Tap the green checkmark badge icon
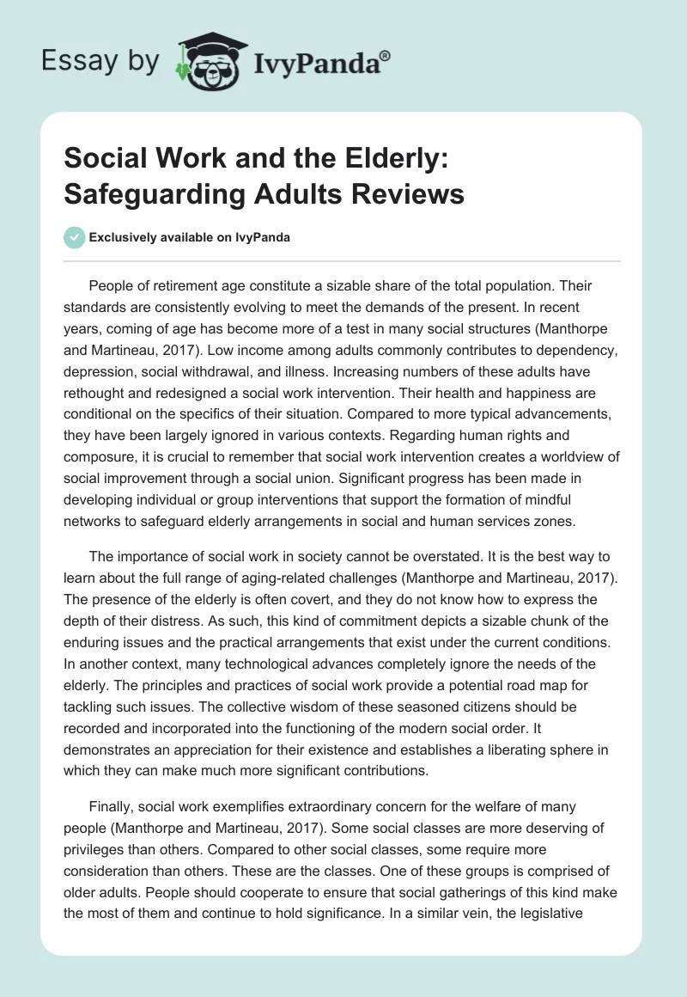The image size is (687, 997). pyautogui.click(x=74, y=237)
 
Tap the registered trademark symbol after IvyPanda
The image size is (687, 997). pyautogui.click(x=386, y=56)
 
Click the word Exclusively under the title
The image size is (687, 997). pyautogui.click(x=124, y=237)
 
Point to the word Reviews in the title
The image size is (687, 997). pyautogui.click(x=404, y=194)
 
